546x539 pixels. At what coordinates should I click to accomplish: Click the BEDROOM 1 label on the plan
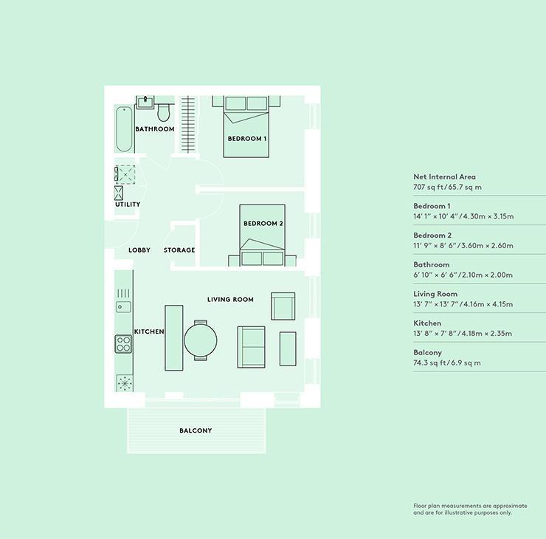pyautogui.click(x=246, y=139)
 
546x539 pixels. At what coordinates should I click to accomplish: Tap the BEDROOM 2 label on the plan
pyautogui.click(x=263, y=224)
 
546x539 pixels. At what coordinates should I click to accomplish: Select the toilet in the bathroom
pyautogui.click(x=164, y=111)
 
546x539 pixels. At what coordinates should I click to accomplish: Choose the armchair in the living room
pyautogui.click(x=283, y=306)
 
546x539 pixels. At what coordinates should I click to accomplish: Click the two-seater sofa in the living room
pyautogui.click(x=251, y=346)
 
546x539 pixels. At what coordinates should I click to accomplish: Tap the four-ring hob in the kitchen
pyautogui.click(x=123, y=345)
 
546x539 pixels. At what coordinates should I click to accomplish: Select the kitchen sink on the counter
pyautogui.click(x=123, y=306)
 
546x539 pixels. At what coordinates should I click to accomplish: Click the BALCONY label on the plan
pyautogui.click(x=196, y=430)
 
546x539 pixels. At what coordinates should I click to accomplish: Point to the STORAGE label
pyautogui.click(x=179, y=250)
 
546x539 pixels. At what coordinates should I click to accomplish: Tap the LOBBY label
pyautogui.click(x=139, y=250)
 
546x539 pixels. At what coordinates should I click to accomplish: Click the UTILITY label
pyautogui.click(x=128, y=205)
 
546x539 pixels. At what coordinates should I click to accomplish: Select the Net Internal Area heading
pyautogui.click(x=444, y=177)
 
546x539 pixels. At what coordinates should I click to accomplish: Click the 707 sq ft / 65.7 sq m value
pyautogui.click(x=447, y=188)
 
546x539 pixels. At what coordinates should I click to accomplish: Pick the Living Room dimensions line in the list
pyautogui.click(x=463, y=304)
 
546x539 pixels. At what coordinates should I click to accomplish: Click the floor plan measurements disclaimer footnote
pyautogui.click(x=470, y=509)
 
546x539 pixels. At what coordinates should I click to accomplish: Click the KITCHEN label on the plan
pyautogui.click(x=149, y=332)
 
